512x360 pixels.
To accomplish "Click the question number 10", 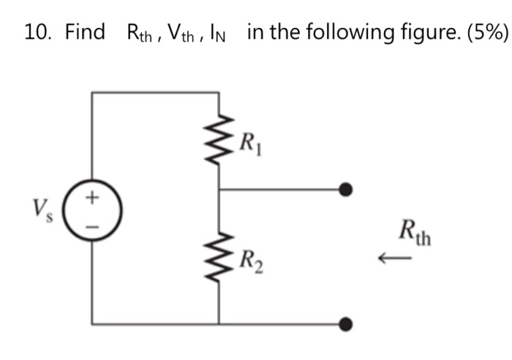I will point(38,32).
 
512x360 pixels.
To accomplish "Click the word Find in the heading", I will point(85,32).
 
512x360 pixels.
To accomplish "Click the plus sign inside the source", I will point(92,197).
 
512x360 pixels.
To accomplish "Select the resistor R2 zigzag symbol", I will point(219,258).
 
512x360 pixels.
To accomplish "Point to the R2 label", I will point(250,258).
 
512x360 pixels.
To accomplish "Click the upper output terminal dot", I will point(347,190).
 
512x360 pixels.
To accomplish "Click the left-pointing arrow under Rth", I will point(391,257).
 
